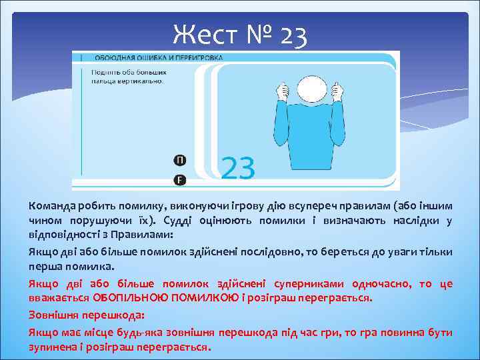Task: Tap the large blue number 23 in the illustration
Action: (x=237, y=168)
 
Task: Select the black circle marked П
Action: (x=180, y=160)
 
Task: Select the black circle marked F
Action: (x=180, y=180)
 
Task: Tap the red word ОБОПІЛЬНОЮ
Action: (x=127, y=298)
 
